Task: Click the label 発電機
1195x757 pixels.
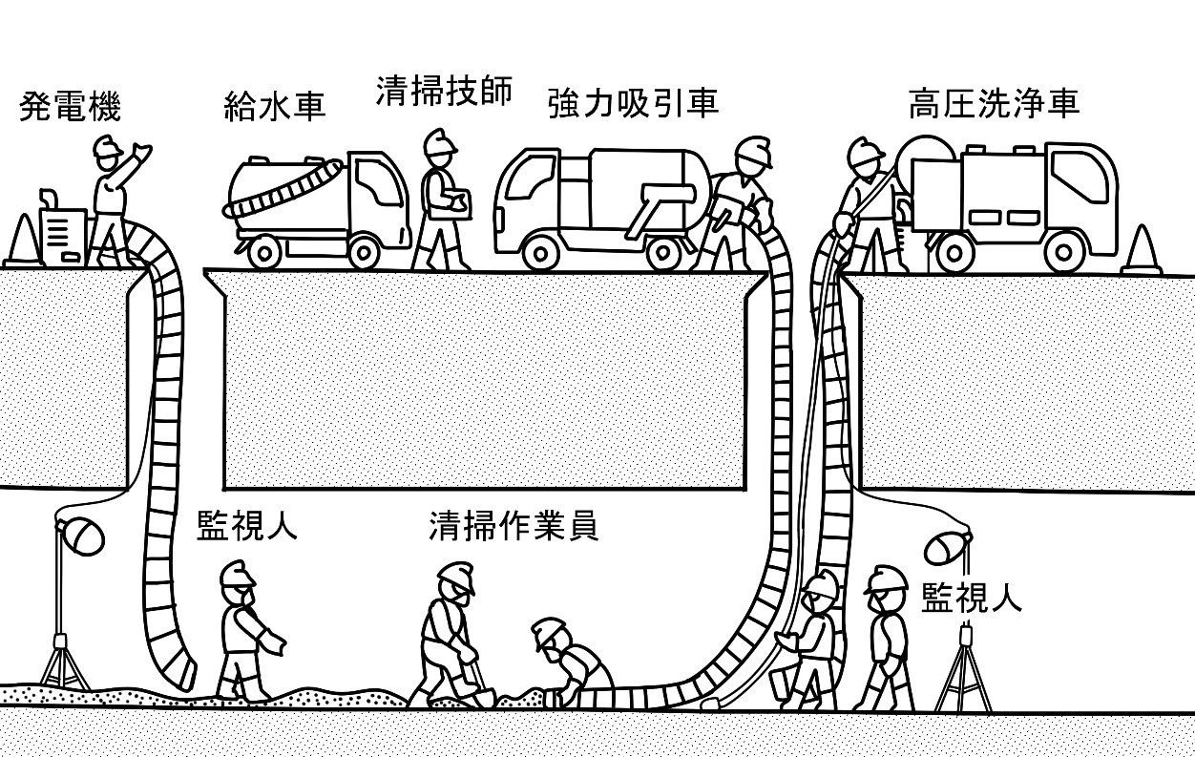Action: pyautogui.click(x=71, y=107)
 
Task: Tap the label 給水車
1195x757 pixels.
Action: pyautogui.click(x=275, y=105)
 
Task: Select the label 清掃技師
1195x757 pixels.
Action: pyautogui.click(x=444, y=92)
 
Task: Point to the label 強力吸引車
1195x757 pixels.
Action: pyautogui.click(x=633, y=103)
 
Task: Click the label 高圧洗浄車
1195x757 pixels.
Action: pyautogui.click(x=994, y=104)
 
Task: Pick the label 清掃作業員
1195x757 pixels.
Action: pyautogui.click(x=514, y=526)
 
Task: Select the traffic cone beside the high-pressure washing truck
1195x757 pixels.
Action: pyautogui.click(x=1141, y=250)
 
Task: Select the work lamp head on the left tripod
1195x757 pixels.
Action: pyautogui.click(x=82, y=535)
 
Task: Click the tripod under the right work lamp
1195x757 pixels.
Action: pyautogui.click(x=964, y=673)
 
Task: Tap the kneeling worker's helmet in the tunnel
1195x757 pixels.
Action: pyautogui.click(x=548, y=632)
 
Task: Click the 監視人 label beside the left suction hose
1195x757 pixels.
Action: pyautogui.click(x=246, y=526)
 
